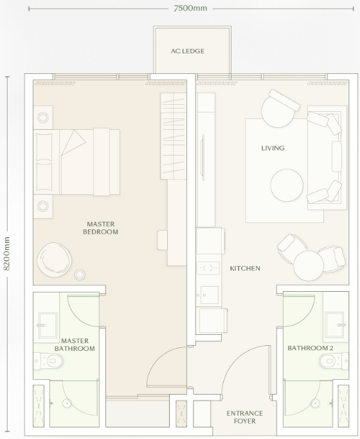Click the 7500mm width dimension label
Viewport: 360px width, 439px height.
190,8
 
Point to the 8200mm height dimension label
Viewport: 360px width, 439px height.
6,254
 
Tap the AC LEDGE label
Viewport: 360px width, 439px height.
188,51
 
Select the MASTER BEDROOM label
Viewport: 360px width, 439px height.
100,228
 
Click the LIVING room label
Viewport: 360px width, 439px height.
273,148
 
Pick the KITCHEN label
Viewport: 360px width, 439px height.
245,268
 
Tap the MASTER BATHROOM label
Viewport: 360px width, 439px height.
75,345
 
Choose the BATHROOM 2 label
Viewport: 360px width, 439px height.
310,348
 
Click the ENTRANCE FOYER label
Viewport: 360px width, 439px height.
245,417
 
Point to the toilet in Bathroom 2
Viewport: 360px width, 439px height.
334,361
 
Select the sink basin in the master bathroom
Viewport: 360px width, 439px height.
48,325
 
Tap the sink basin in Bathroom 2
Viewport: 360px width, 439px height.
335,325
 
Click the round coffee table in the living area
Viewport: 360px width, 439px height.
287,185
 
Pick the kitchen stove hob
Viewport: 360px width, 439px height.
208,268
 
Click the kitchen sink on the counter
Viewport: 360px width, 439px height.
209,295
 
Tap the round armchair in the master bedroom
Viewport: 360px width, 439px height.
54,260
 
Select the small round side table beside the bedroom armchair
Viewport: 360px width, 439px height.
80,274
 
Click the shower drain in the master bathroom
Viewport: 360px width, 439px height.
67,403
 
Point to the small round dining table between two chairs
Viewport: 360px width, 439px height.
309,265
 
